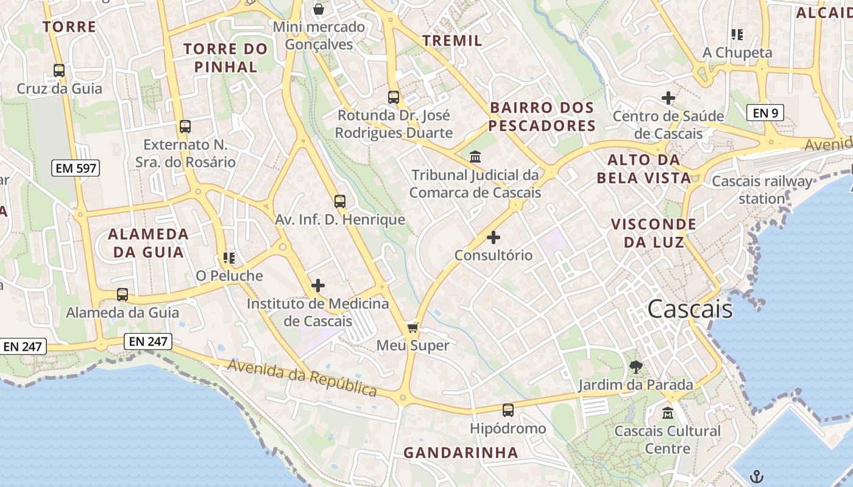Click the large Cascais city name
690,309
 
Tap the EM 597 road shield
76,167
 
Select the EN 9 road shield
765,112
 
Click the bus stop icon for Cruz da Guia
59,71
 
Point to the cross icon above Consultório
494,237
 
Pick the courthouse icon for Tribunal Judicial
475,157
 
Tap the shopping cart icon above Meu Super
412,328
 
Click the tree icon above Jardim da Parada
635,366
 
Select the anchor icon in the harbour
756,475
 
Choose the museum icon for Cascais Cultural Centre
667,413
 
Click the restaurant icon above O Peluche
229,258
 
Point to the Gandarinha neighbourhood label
461,452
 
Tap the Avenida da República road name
302,377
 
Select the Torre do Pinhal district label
225,58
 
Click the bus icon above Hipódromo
508,410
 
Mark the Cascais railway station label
762,189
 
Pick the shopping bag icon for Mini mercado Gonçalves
318,9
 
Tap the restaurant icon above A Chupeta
737,35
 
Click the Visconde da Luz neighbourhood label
653,233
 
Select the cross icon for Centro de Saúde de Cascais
668,97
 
